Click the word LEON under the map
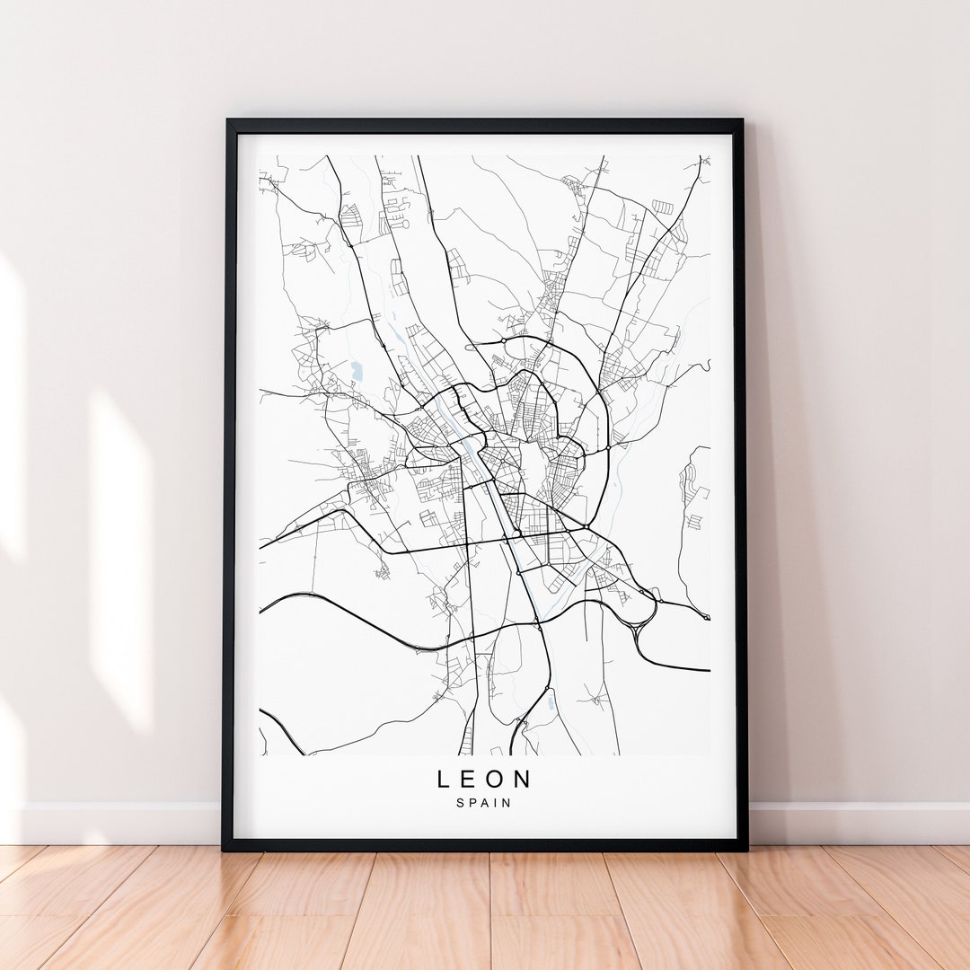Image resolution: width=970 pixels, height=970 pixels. click(x=484, y=779)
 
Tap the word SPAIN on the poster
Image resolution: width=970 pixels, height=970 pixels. click(x=484, y=803)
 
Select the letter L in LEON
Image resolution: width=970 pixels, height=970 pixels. click(x=444, y=779)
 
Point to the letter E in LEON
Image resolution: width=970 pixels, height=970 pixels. click(x=469, y=779)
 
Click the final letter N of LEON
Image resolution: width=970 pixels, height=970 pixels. click(x=524, y=779)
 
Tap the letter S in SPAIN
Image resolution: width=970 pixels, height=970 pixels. click(x=460, y=803)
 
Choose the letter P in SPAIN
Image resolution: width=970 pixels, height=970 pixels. click(x=472, y=803)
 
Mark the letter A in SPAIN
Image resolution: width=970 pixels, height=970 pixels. click(x=485, y=803)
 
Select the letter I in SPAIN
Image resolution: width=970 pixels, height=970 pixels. click(x=496, y=803)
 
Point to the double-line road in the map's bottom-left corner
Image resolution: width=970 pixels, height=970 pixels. click(x=280, y=728)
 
